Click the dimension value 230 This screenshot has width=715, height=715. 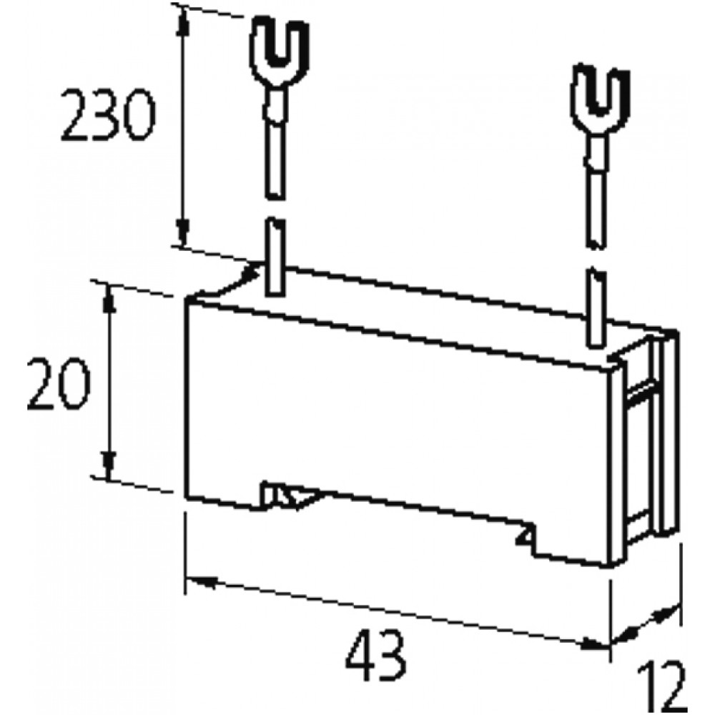coord(109,116)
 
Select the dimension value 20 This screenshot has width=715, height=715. coord(59,384)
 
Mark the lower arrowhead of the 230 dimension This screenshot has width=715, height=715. coord(184,232)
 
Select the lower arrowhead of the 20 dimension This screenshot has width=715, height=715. coord(109,465)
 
